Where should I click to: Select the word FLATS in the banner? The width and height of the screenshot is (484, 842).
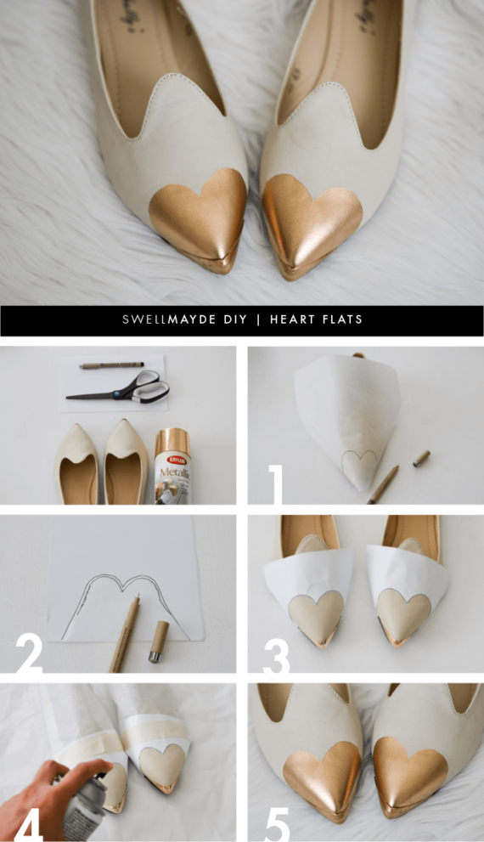[x=343, y=319]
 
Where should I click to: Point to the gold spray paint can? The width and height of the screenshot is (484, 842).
[x=173, y=466]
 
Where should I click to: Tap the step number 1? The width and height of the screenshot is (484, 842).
[x=276, y=485]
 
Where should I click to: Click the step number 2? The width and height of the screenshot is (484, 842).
[x=29, y=653]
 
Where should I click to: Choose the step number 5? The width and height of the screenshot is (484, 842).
[x=277, y=822]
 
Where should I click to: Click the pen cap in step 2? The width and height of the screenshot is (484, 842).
[x=158, y=641]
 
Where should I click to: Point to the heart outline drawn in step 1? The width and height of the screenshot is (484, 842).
[x=359, y=463]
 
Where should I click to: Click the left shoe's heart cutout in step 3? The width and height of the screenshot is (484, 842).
[x=316, y=612]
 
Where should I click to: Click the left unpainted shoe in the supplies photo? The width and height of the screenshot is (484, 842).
[x=76, y=463]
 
